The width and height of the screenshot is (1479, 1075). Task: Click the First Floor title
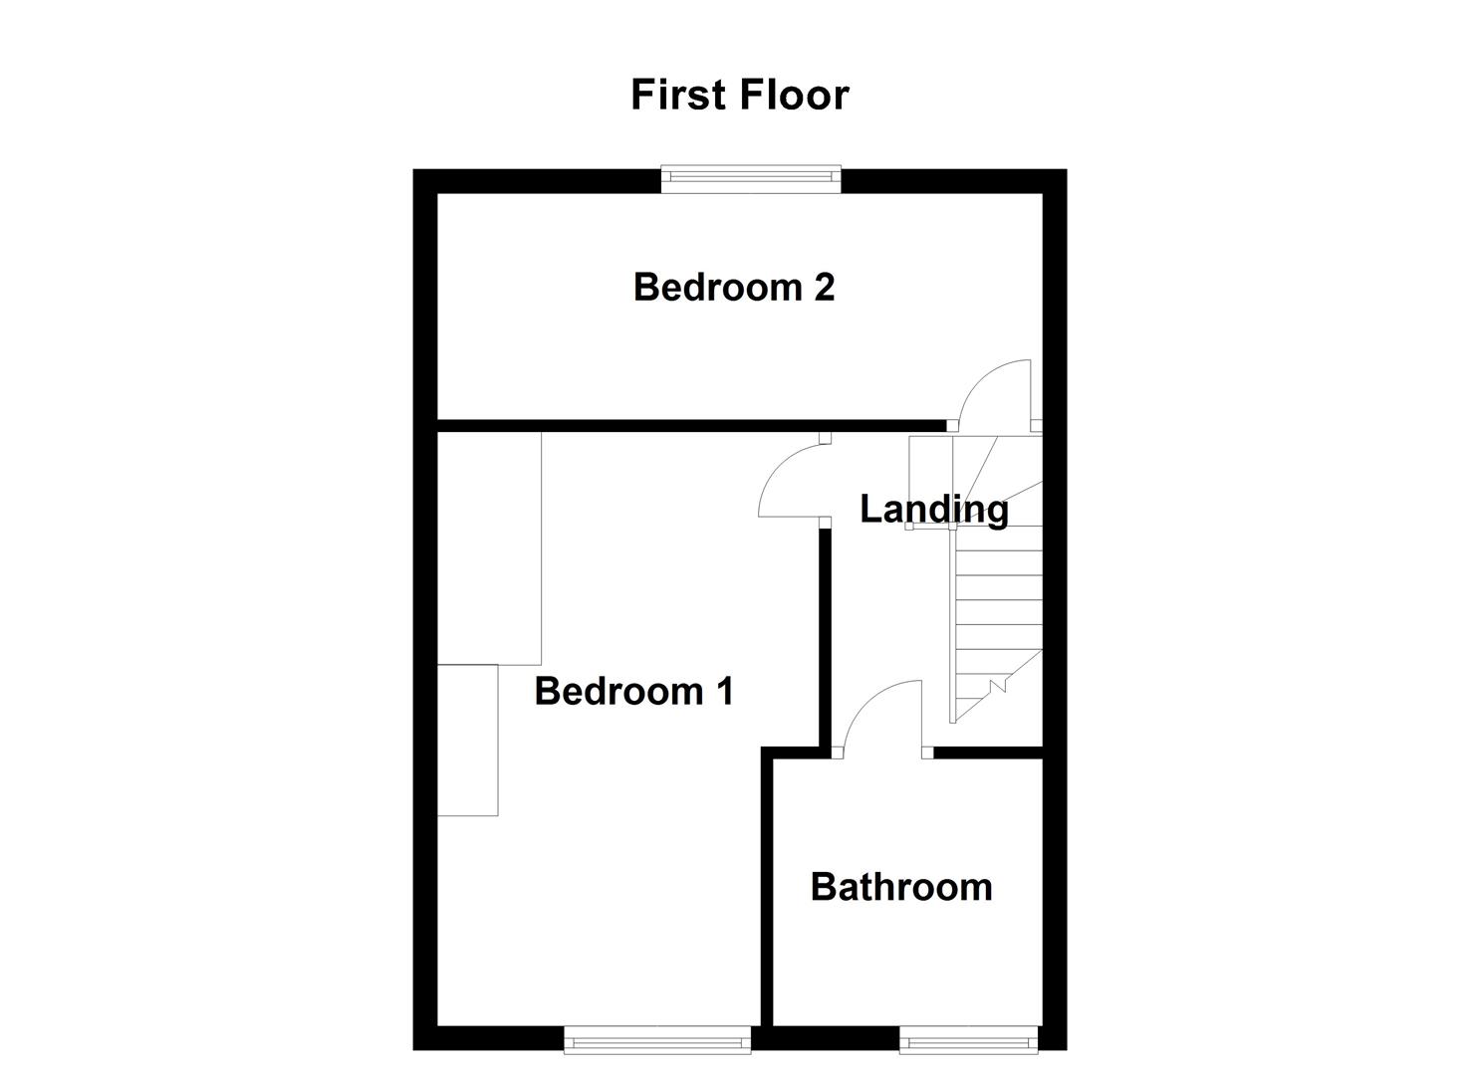(739, 95)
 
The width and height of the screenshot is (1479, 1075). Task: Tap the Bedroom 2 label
(734, 287)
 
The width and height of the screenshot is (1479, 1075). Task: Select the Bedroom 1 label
(633, 691)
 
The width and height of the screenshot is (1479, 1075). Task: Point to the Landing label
(933, 509)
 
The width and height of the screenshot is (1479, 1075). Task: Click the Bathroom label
(901, 887)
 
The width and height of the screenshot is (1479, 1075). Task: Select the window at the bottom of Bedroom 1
(657, 1041)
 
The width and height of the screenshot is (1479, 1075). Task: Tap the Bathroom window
(968, 1041)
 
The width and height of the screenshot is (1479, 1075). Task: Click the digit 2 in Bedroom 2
(824, 287)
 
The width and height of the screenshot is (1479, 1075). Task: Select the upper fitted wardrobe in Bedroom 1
(489, 547)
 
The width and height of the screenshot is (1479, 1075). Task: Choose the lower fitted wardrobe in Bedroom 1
(468, 741)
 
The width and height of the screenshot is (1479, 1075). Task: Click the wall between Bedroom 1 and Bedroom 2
(687, 426)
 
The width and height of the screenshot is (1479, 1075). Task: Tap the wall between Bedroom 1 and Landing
(826, 637)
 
